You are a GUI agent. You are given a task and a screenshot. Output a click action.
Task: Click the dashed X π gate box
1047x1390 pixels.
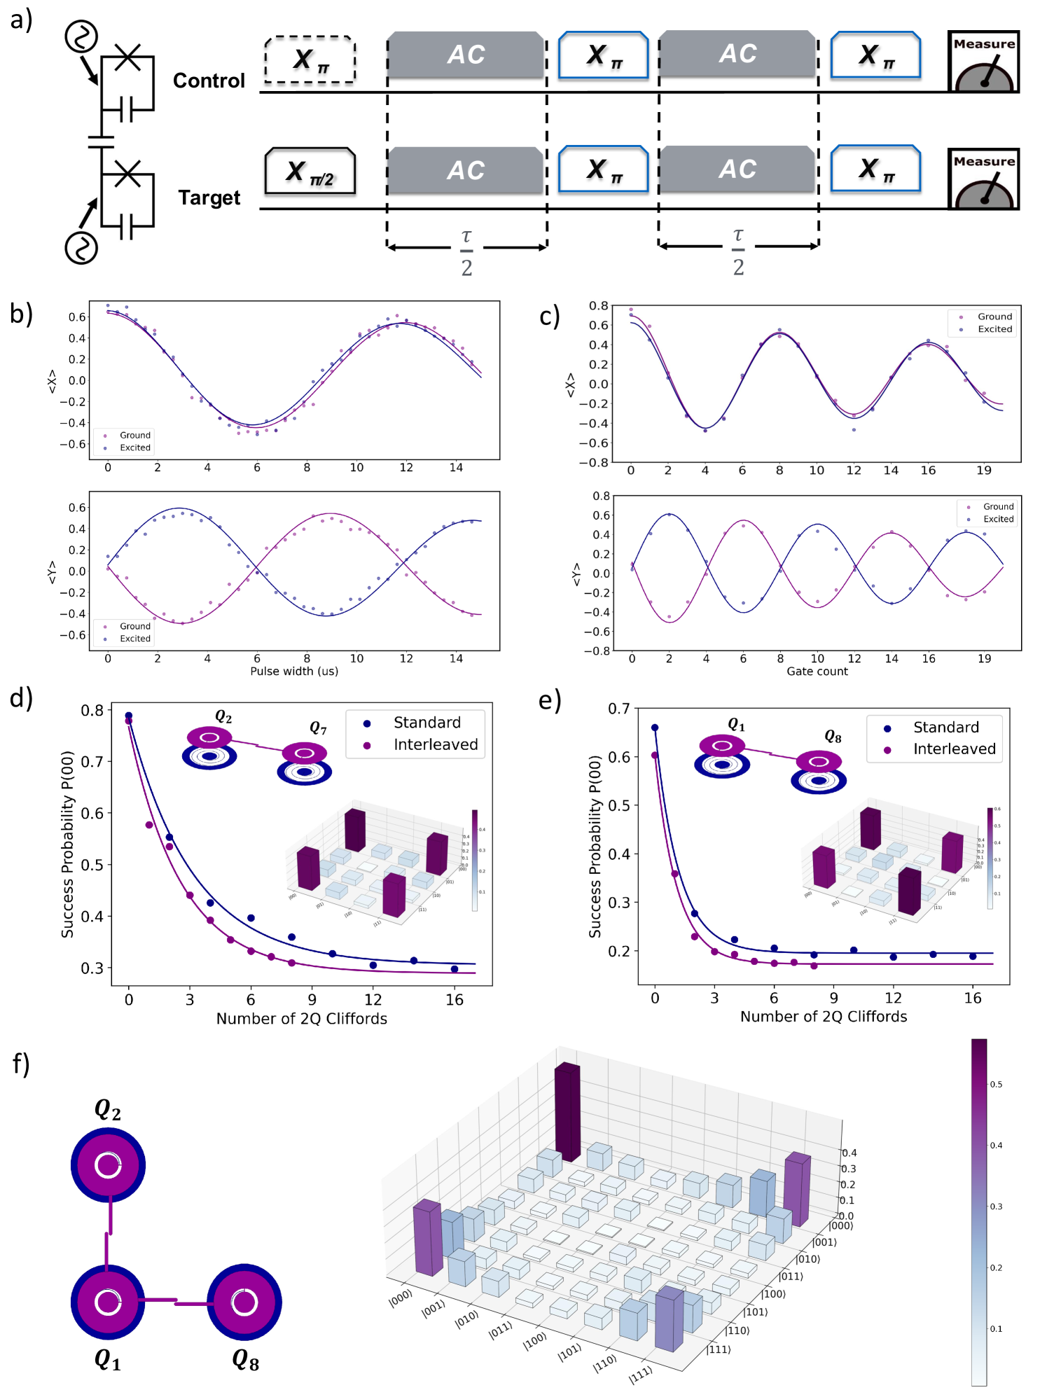coord(310,60)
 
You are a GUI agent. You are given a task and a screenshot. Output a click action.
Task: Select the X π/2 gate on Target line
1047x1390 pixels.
coord(310,171)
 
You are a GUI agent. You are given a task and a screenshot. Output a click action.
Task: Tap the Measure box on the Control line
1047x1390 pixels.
coord(983,62)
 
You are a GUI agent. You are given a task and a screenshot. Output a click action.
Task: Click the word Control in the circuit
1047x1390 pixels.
coord(209,81)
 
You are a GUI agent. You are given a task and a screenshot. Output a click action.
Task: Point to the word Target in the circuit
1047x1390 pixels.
coord(209,197)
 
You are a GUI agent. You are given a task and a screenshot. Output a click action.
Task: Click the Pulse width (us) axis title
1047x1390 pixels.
coord(294,671)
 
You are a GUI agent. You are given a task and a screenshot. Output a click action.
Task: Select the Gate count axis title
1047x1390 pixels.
coord(817,671)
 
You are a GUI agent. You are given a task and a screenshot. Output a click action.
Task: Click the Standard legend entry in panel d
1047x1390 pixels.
coord(427,723)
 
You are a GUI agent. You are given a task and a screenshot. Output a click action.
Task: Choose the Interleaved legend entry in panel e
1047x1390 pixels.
coord(954,749)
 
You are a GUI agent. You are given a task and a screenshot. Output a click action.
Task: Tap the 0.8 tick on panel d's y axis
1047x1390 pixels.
coord(92,711)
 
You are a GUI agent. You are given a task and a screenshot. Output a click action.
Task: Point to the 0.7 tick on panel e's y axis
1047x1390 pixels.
coord(618,709)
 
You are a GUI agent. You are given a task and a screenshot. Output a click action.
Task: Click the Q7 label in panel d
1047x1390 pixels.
coord(318,728)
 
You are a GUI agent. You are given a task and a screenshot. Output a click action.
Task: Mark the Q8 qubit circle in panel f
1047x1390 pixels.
coord(244,1302)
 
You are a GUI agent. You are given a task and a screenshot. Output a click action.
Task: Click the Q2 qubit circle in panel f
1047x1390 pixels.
coord(108,1165)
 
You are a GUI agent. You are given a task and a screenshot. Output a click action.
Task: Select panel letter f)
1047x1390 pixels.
coord(21,1063)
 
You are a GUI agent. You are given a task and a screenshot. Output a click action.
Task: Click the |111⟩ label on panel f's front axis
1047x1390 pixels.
coord(640,1374)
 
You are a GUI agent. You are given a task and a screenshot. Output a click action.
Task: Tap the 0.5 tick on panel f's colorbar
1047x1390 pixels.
coord(996,1084)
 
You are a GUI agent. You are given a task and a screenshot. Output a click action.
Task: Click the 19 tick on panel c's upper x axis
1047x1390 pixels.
coord(983,470)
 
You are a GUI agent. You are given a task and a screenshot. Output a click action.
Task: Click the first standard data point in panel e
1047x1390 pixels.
coord(655,728)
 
